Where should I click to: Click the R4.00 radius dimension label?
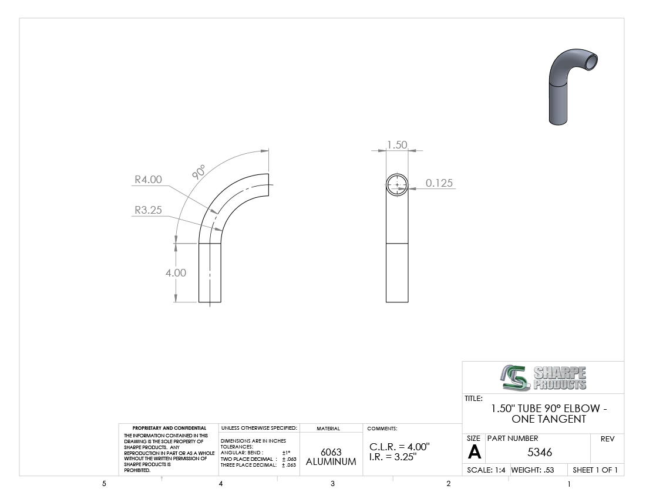tap(149, 180)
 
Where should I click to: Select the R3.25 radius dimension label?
tap(149, 210)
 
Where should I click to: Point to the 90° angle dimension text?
tap(198, 171)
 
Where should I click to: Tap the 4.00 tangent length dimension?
tap(176, 272)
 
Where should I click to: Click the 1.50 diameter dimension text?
tap(397, 145)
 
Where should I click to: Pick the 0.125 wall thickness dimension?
tap(439, 183)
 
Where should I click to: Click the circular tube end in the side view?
tap(397, 174)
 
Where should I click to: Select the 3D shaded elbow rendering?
tap(573, 86)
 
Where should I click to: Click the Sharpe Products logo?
tap(543, 377)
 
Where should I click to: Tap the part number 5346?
tap(540, 452)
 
